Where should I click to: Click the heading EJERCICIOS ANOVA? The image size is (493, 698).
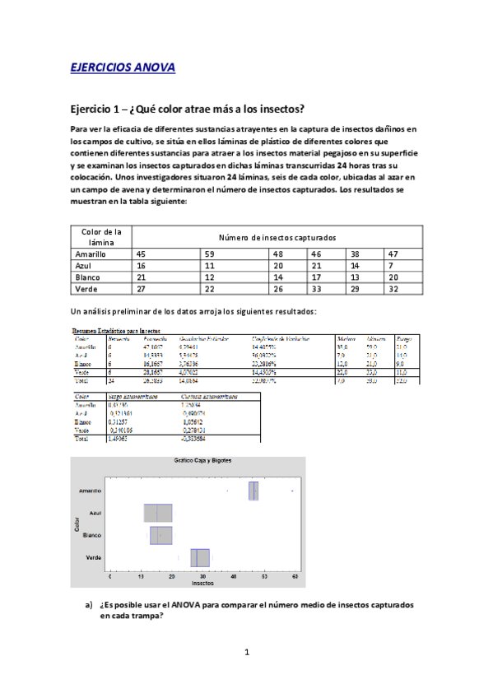pyautogui.click(x=123, y=68)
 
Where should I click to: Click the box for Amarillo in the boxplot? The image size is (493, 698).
pyautogui.click(x=253, y=491)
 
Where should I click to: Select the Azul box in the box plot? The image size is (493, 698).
pyautogui.click(x=157, y=513)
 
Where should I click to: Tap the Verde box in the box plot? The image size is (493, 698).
pyautogui.click(x=200, y=558)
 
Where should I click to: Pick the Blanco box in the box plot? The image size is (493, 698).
pyautogui.click(x=161, y=535)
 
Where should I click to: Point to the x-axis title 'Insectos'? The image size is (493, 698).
pyautogui.click(x=202, y=583)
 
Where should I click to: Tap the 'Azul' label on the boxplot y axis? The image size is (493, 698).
pyautogui.click(x=95, y=513)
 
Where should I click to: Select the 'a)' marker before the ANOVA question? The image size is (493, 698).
pyautogui.click(x=89, y=605)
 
